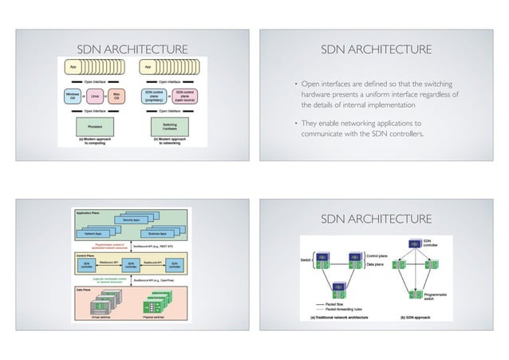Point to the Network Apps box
(x=95, y=234)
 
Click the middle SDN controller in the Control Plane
(x=129, y=264)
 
